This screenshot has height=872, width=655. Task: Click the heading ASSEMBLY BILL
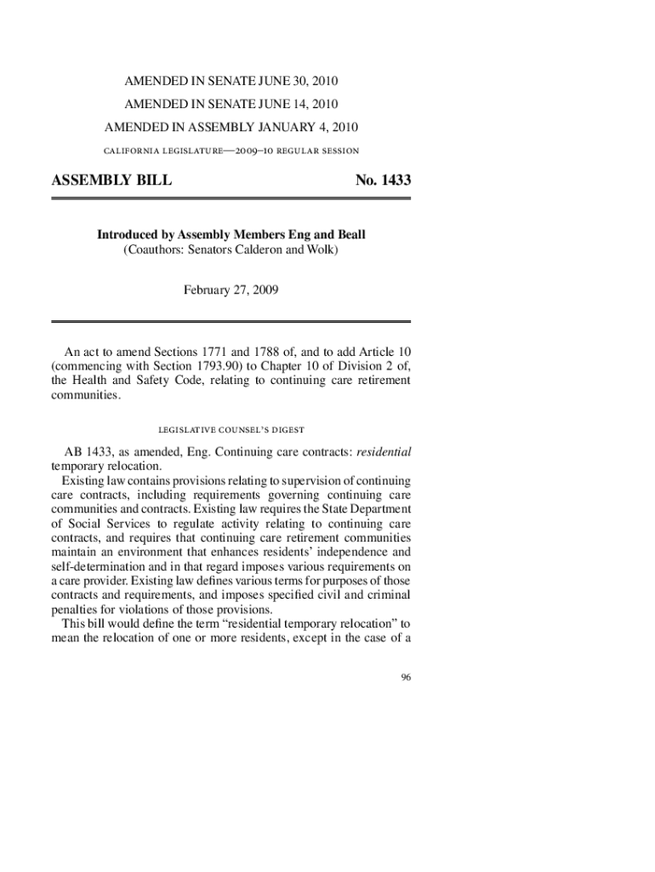point(111,181)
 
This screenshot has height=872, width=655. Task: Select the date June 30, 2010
point(297,82)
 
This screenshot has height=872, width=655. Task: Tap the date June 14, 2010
point(297,105)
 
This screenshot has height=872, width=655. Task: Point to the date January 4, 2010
point(310,128)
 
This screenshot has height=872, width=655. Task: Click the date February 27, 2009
point(231,290)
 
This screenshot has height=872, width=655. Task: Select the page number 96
point(406,677)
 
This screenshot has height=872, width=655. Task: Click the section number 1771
point(219,352)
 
